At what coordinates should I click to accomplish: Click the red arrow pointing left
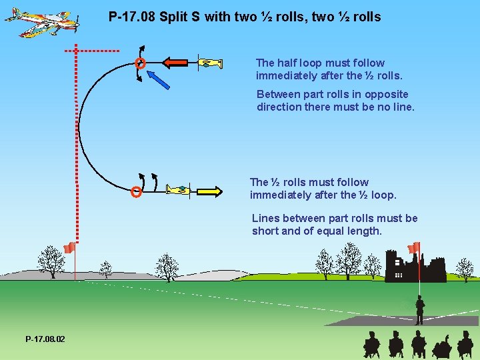[x=176, y=63]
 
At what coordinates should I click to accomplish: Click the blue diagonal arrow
[x=159, y=78]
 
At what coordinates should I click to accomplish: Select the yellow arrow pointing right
[x=209, y=191]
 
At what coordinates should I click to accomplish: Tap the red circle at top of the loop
[x=140, y=64]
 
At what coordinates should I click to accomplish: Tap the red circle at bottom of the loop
[x=136, y=193]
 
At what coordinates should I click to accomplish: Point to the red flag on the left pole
[x=69, y=248]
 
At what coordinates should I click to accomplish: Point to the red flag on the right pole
[x=414, y=247]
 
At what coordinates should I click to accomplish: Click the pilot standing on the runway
[x=419, y=310]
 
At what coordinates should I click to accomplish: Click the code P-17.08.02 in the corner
[x=45, y=339]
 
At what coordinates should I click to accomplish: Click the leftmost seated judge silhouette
[x=371, y=345]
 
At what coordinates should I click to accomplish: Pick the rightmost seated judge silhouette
[x=465, y=345]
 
